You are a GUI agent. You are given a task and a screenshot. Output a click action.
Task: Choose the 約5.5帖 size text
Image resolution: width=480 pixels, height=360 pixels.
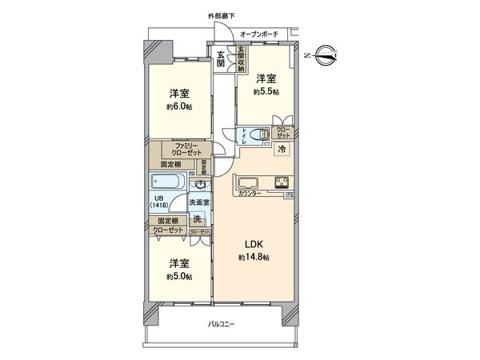coord(266,93)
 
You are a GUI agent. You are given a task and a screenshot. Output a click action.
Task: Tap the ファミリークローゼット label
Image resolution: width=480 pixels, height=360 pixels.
coord(186,149)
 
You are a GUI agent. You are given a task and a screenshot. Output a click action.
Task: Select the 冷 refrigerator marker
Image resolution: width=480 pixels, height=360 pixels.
coord(282,149)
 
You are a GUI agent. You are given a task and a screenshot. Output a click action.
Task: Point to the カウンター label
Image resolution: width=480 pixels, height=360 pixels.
coord(251,193)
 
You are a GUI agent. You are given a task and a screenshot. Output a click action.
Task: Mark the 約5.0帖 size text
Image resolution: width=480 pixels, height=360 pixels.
coord(178,276)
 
